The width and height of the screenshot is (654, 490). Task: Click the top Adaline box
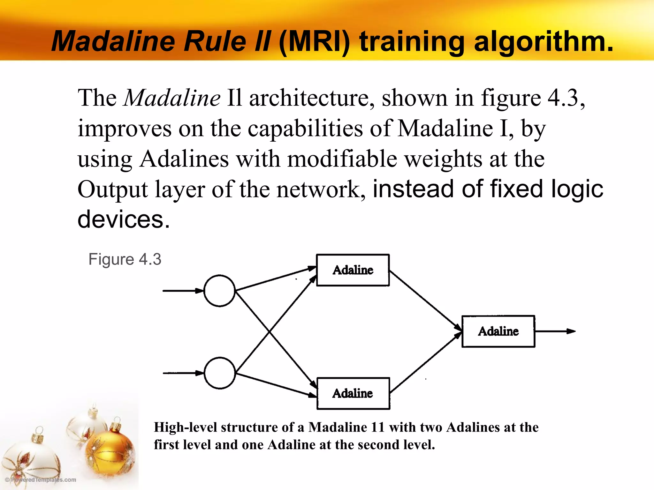tap(353, 270)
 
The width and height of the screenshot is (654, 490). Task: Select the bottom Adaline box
tap(353, 393)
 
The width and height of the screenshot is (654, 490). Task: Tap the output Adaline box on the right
tap(498, 331)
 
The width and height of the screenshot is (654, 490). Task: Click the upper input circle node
tap(219, 291)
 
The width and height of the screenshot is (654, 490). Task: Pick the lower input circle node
tap(220, 373)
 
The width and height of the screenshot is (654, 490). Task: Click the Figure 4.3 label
tap(125, 259)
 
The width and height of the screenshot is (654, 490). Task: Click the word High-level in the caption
tap(185, 427)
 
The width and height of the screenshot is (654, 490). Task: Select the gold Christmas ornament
tap(110, 450)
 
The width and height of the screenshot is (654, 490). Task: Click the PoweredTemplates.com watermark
tap(41, 479)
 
